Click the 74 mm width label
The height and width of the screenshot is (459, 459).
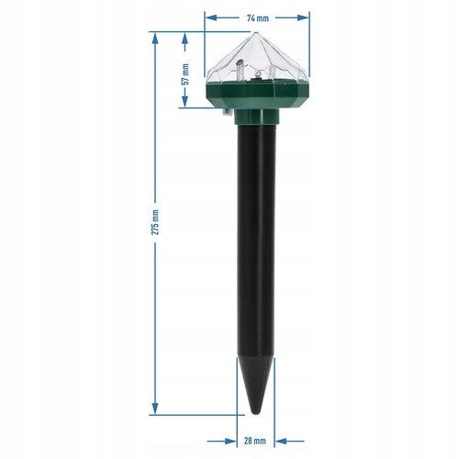pyautogui.click(x=258, y=18)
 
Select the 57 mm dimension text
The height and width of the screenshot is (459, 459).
pyautogui.click(x=185, y=74)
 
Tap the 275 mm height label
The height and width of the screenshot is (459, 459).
pyautogui.click(x=155, y=222)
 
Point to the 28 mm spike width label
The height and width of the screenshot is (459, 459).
pyautogui.click(x=255, y=441)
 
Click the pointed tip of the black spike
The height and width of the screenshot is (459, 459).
pyautogui.click(x=256, y=414)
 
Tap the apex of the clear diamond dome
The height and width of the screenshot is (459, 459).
pyautogui.click(x=256, y=33)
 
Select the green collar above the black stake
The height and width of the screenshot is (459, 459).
pyautogui.click(x=257, y=117)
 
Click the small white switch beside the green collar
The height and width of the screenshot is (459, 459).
pyautogui.click(x=227, y=113)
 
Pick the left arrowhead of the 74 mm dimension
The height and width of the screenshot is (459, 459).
pyautogui.click(x=211, y=17)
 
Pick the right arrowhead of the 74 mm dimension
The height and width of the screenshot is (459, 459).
pyautogui.click(x=303, y=17)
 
